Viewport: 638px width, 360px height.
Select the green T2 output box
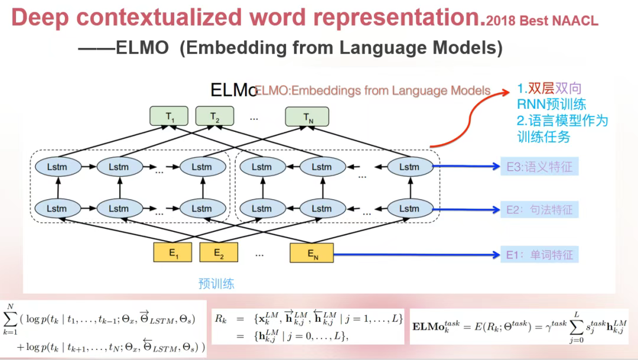click(x=214, y=117)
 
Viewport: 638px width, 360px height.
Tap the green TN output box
click(x=308, y=117)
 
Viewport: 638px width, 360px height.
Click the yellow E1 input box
click(x=173, y=253)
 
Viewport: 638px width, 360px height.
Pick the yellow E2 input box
click(x=218, y=253)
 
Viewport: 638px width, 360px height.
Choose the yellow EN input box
click(x=312, y=253)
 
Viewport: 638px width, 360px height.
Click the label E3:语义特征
click(x=539, y=167)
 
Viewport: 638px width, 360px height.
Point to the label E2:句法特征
click(x=539, y=209)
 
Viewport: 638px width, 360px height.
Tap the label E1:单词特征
click(x=539, y=255)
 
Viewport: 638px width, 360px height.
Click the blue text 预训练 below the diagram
click(x=216, y=284)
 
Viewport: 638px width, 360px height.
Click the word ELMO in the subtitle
click(x=142, y=47)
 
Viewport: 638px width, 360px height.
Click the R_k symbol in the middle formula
click(x=220, y=319)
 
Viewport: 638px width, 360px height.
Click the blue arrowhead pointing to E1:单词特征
click(x=496, y=255)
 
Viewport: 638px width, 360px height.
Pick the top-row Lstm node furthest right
click(x=409, y=167)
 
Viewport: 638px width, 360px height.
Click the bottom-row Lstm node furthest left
click(x=57, y=208)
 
